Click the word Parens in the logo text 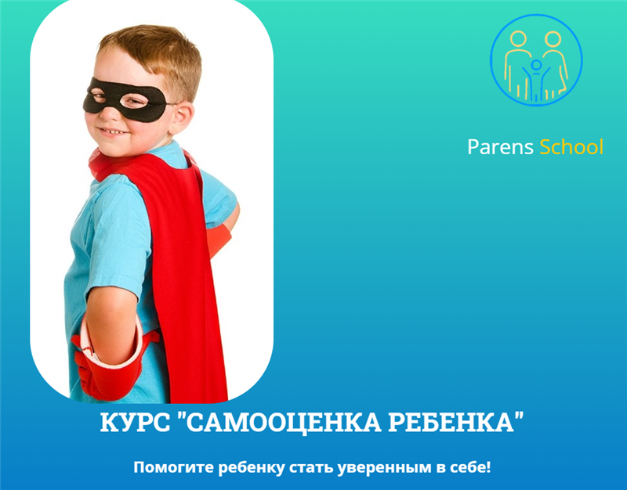point(500,147)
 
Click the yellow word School point(571,147)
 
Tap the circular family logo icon point(536,59)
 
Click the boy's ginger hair point(157,51)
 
